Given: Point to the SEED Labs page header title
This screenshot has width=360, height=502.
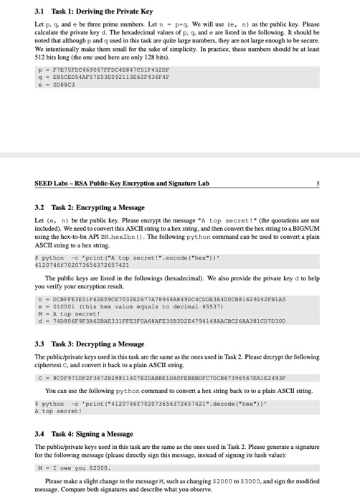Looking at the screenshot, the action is [122, 184].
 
